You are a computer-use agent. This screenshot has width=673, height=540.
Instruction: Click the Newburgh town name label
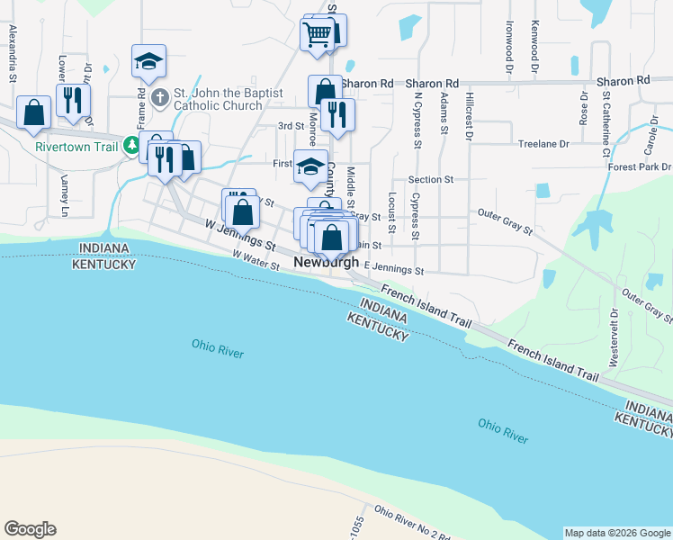[327, 263]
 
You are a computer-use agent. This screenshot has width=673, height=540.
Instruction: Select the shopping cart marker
[317, 35]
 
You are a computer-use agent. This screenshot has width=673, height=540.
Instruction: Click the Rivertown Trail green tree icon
[131, 144]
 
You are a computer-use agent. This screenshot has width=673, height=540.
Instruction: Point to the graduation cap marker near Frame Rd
[148, 62]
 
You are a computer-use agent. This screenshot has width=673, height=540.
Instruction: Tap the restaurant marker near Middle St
[337, 114]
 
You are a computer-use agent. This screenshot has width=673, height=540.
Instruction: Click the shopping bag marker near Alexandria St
[33, 113]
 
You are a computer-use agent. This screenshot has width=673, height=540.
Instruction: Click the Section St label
[430, 180]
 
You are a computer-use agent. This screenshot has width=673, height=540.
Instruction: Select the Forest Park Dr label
[640, 167]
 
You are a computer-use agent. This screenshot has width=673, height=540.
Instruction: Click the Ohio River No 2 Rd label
[412, 523]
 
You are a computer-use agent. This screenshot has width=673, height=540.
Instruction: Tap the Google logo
[30, 529]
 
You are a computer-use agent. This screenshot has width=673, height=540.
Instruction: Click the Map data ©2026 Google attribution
[617, 533]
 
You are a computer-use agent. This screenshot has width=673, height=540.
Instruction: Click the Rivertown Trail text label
[78, 147]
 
